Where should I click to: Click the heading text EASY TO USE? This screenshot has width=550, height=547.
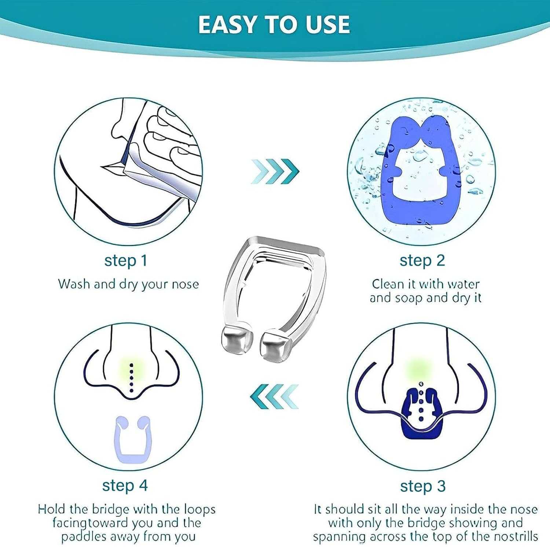tap(274, 25)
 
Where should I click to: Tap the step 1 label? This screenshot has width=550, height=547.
tap(125, 261)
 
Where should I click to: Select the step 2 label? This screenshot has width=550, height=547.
tap(422, 261)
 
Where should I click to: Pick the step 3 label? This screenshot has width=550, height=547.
tap(422, 486)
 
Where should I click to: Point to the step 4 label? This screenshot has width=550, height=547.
tap(125, 485)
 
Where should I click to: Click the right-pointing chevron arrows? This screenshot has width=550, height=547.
tap(275, 171)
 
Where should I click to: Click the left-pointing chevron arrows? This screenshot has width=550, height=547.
tap(274, 396)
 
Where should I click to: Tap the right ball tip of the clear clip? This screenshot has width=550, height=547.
tap(276, 345)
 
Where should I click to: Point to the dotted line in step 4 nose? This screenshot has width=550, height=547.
tap(132, 377)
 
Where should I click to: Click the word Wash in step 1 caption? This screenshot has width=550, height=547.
tap(74, 284)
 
